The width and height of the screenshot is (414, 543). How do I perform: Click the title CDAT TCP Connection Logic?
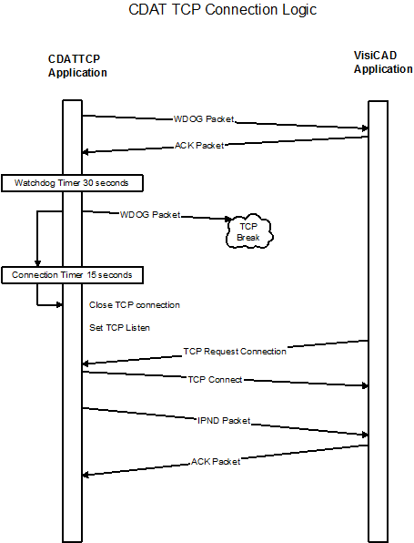[222, 10]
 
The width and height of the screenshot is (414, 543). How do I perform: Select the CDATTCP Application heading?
[77, 66]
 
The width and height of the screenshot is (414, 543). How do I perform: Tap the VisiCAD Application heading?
[383, 62]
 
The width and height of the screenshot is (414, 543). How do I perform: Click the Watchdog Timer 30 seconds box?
[72, 183]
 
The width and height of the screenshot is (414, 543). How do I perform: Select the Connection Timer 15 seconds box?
[72, 275]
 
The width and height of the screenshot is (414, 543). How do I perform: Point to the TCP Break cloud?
[249, 231]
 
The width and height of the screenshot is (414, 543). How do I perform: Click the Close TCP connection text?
[135, 305]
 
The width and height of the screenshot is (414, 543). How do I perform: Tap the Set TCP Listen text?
[119, 328]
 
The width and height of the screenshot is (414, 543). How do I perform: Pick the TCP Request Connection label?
[235, 352]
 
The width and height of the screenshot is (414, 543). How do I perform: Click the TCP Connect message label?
[215, 380]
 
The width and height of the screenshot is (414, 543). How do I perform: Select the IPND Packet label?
[224, 421]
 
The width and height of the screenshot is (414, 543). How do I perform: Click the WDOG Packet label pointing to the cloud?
[150, 215]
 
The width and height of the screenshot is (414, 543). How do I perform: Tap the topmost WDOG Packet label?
[204, 119]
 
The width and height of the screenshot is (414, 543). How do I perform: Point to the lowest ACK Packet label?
[216, 462]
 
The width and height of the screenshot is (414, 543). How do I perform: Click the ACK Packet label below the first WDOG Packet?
[199, 146]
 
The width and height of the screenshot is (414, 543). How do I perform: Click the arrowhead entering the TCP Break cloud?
[228, 219]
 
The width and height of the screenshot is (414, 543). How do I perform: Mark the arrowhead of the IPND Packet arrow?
[365, 435]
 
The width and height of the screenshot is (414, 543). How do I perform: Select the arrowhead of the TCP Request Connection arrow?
[86, 364]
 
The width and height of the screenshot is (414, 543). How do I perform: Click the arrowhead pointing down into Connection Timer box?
[37, 263]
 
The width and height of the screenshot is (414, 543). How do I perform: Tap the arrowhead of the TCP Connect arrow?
[365, 385]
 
